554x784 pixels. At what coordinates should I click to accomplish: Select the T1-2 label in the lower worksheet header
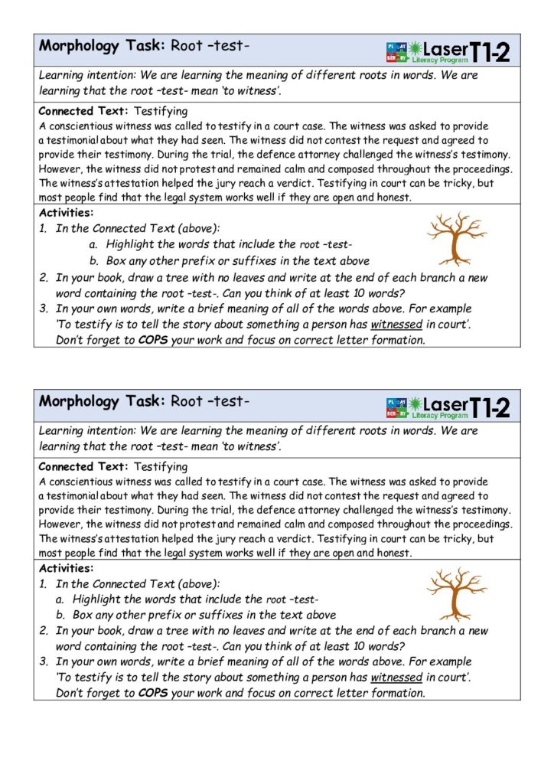pyautogui.click(x=489, y=407)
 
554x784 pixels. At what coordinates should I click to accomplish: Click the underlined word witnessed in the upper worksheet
pyautogui.click(x=396, y=325)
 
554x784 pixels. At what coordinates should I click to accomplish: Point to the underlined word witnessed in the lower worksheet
pyautogui.click(x=396, y=678)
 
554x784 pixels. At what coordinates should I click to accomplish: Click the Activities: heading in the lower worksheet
pyautogui.click(x=67, y=568)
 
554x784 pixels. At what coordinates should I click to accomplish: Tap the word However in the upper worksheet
pyautogui.click(x=60, y=169)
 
